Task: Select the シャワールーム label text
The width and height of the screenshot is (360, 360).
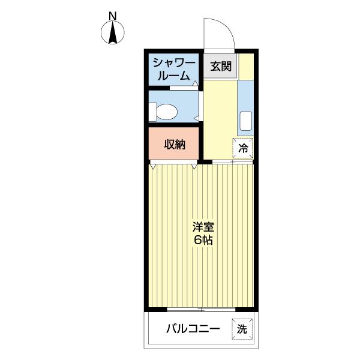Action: pyautogui.click(x=173, y=70)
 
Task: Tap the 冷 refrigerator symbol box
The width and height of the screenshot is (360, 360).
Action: pyautogui.click(x=244, y=148)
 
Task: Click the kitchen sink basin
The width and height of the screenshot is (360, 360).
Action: pyautogui.click(x=245, y=121)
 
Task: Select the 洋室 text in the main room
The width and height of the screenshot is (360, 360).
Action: pyautogui.click(x=203, y=227)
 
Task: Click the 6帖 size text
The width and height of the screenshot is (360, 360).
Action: pyautogui.click(x=203, y=240)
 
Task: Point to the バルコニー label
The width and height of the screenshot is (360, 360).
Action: pyautogui.click(x=193, y=329)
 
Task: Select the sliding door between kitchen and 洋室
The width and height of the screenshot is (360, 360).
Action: pyautogui.click(x=232, y=163)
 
